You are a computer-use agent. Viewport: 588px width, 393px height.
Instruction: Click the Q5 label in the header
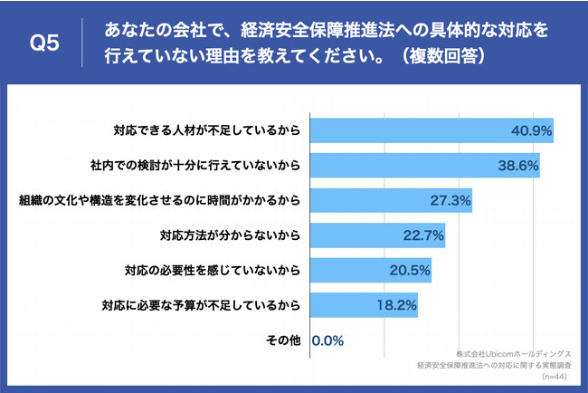click(44, 43)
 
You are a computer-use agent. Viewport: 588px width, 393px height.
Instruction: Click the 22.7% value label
click(423, 235)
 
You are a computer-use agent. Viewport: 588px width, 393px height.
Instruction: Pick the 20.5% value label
click(410, 270)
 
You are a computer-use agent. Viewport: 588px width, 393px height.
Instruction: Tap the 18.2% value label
click(396, 305)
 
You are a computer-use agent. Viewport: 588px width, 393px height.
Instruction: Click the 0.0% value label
click(327, 341)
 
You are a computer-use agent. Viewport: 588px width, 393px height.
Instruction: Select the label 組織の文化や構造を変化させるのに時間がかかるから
click(159, 199)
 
